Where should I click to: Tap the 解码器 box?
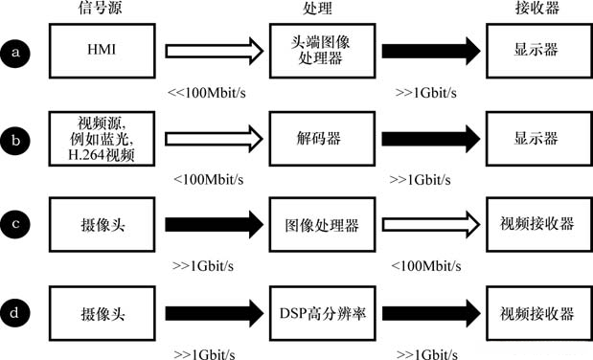click(x=315, y=138)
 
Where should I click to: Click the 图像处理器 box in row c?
click(x=315, y=226)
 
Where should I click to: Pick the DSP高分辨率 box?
click(x=315, y=314)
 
